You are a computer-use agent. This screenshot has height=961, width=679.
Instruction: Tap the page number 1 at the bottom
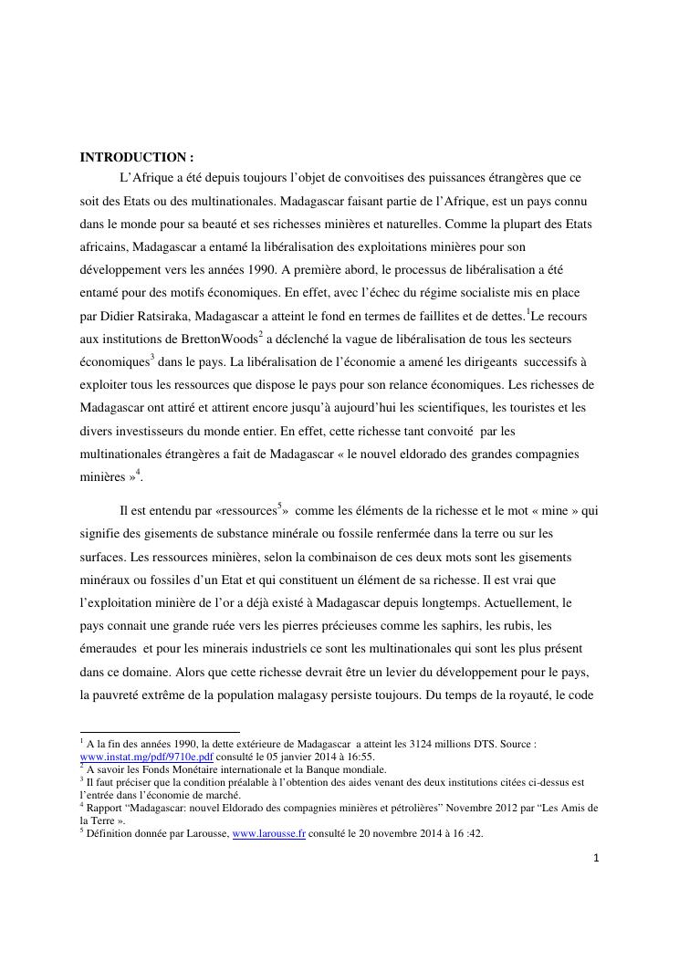[x=595, y=857]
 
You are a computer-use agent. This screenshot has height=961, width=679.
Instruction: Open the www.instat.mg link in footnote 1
[x=148, y=757]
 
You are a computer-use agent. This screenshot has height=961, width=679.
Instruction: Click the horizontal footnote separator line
[x=160, y=732]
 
